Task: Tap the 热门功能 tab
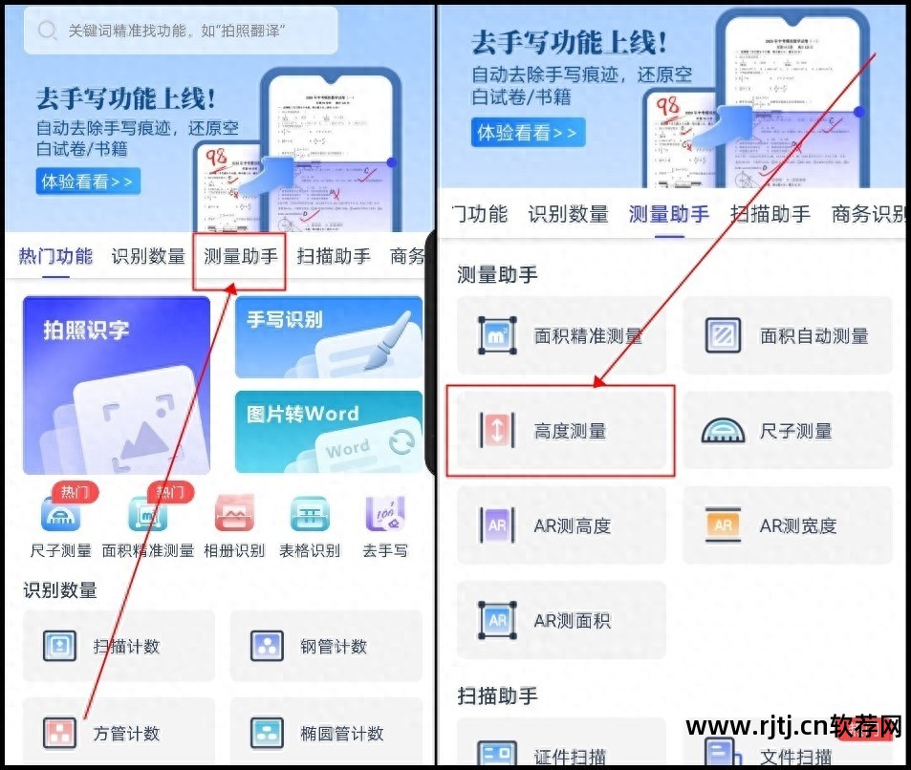[x=55, y=256]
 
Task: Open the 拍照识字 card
[x=117, y=385]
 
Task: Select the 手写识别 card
[x=328, y=336]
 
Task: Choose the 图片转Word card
[x=328, y=432]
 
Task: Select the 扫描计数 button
[x=119, y=647]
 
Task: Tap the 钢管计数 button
[x=326, y=647]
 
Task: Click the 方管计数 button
[x=119, y=734]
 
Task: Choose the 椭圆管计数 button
[x=326, y=734]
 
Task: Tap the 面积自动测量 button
[x=787, y=335]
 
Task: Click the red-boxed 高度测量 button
[x=561, y=431]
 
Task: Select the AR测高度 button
[x=561, y=525]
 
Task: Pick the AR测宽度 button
[x=787, y=525]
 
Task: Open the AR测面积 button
[x=561, y=620]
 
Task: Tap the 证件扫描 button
[x=561, y=753]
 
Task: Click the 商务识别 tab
[x=868, y=214]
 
